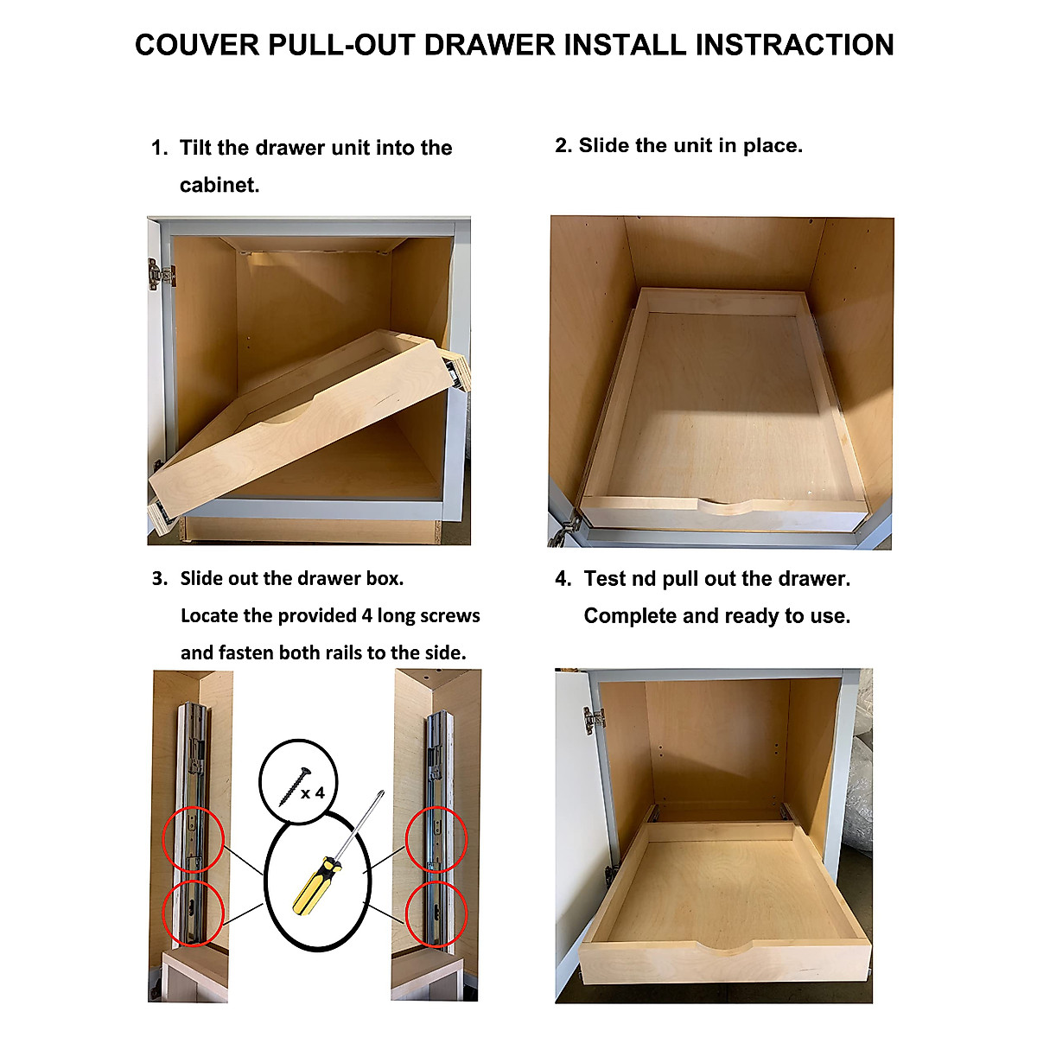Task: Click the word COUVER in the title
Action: pos(197,45)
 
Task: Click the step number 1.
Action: pos(158,148)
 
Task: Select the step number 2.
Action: pos(563,146)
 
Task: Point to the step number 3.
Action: pos(159,579)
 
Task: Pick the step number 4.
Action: pos(563,579)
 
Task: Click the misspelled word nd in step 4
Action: pos(644,579)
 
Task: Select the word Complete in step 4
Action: pos(626,616)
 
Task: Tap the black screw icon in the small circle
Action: pos(290,784)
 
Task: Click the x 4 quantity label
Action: pos(313,792)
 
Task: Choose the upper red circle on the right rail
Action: pos(437,838)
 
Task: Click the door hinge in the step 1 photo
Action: pos(161,275)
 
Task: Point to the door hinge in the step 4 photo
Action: pos(594,719)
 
